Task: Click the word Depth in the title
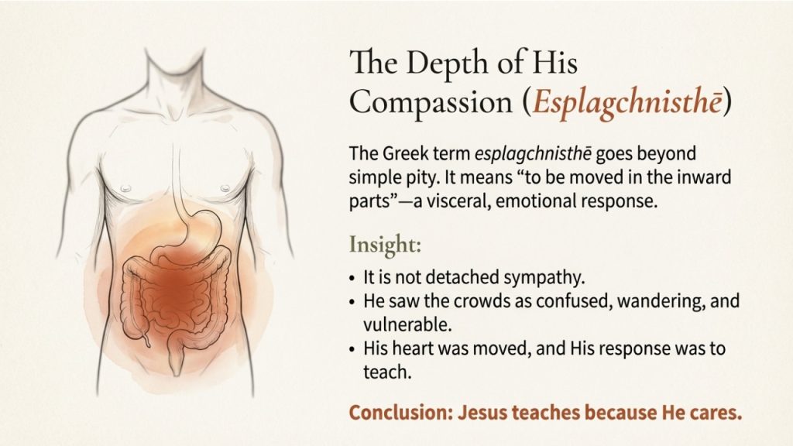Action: point(441,63)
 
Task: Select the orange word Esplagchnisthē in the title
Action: point(627,102)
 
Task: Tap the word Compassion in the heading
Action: point(431,103)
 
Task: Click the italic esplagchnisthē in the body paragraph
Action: point(533,154)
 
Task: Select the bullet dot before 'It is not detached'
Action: point(352,279)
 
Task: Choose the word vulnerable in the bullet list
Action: point(407,324)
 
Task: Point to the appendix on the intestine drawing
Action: point(146,336)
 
